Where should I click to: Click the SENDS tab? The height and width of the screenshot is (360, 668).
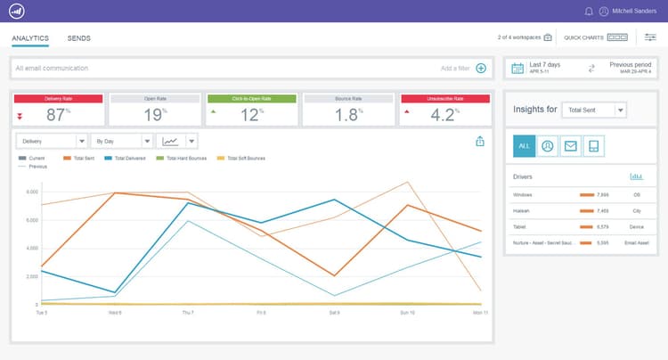78,38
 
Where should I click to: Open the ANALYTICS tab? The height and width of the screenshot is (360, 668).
30,38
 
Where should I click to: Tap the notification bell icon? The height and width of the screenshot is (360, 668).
589,12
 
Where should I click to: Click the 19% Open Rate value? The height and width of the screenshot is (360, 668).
155,114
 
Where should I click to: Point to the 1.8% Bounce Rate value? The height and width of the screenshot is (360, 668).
348,114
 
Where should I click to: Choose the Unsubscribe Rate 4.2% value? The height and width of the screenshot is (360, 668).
444,114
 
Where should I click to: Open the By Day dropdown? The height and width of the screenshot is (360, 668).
122,141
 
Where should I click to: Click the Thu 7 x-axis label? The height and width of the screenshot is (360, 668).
187,313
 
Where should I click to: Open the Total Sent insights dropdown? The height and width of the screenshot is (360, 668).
596,110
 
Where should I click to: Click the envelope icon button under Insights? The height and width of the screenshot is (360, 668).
571,146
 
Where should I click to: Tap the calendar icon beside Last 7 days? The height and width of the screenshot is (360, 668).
517,68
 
